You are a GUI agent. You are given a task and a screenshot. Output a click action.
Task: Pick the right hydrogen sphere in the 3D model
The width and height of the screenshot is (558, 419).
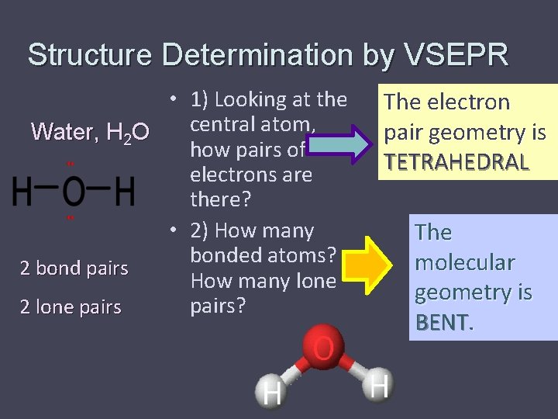point(377,384)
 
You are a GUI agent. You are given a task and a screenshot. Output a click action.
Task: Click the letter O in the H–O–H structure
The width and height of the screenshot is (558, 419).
point(74,191)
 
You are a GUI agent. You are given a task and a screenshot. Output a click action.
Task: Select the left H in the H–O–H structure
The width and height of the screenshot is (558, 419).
point(22,191)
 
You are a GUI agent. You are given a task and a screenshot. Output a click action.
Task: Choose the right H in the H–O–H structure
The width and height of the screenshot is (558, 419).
point(124,191)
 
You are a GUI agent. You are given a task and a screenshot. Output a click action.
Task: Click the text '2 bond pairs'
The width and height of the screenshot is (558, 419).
point(74,268)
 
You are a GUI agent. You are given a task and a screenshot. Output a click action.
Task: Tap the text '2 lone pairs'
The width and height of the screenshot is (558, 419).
point(71,307)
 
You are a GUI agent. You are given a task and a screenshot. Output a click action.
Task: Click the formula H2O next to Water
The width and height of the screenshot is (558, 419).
point(126,133)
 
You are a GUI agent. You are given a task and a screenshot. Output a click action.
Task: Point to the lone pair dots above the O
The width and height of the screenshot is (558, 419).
point(70,164)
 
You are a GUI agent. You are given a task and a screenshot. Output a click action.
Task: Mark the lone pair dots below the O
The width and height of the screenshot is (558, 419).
point(70,218)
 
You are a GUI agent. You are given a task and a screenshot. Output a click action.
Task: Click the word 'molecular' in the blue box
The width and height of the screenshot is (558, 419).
point(464,262)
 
